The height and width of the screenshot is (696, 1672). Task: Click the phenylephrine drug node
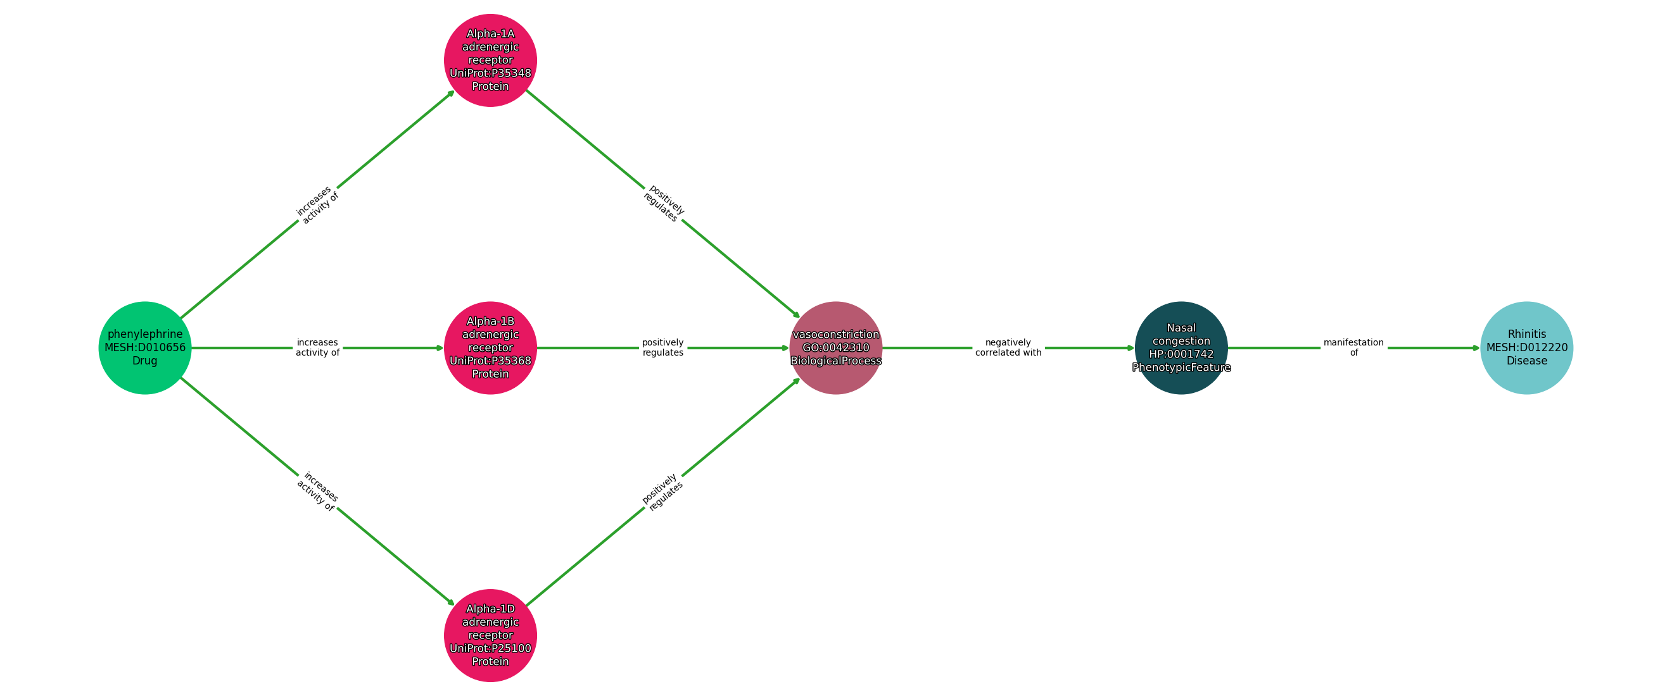tap(145, 347)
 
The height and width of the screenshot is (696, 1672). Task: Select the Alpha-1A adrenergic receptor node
tap(490, 59)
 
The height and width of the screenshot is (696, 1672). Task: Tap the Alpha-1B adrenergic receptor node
tap(490, 347)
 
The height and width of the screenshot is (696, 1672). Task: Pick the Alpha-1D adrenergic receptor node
tap(490, 635)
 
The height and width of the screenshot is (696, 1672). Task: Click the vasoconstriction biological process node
tap(835, 347)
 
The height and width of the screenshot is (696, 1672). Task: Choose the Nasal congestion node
tap(1181, 347)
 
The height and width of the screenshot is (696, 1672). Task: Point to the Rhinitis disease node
tap(1526, 347)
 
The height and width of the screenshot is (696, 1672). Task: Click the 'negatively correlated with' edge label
tap(1008, 347)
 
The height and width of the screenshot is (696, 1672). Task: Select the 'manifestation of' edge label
tap(1353, 347)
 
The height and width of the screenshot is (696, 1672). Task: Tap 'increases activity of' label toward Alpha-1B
tap(317, 347)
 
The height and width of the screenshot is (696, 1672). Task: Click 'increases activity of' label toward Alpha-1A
tap(317, 204)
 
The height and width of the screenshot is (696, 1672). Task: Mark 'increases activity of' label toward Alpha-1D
tap(317, 491)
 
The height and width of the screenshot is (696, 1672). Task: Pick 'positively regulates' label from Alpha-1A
tap(663, 204)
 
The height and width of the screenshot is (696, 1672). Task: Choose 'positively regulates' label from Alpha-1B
tap(662, 347)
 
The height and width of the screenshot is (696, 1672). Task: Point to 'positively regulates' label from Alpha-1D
tap(662, 491)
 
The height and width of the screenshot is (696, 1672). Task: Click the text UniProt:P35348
tap(490, 73)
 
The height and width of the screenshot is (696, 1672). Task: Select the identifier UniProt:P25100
tap(490, 648)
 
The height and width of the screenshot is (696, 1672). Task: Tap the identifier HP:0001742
tap(1181, 354)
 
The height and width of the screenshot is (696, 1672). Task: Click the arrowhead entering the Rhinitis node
tap(1475, 347)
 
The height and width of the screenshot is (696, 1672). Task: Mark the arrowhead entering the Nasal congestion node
tap(1130, 347)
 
